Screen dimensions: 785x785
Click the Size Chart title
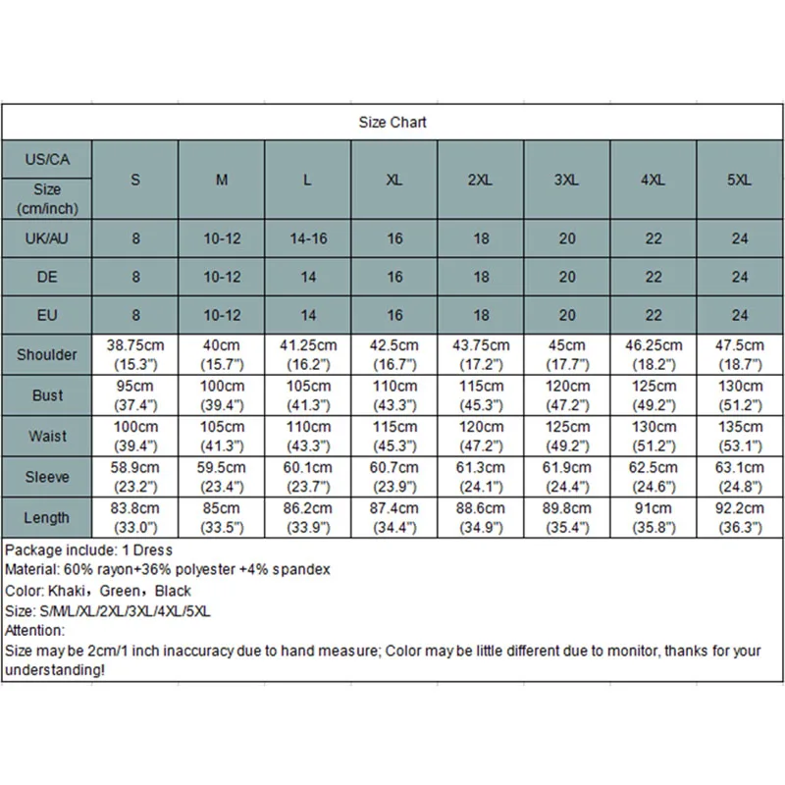click(x=392, y=123)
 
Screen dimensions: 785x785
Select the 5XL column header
click(x=740, y=181)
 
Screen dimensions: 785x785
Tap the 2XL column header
click(x=481, y=181)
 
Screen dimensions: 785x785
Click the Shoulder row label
click(x=47, y=354)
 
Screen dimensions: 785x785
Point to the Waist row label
click(x=47, y=436)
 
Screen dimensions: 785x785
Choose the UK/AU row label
click(x=47, y=238)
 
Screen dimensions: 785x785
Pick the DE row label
click(x=47, y=277)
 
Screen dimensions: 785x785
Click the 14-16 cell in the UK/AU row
click(x=308, y=238)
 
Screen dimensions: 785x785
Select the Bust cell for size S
click(x=135, y=394)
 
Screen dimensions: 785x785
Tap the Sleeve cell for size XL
click(x=394, y=477)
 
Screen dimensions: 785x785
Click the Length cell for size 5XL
click(x=740, y=517)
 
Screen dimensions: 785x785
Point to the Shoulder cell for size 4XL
click(x=654, y=354)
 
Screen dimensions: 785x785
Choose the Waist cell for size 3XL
click(x=567, y=436)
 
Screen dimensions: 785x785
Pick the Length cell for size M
click(x=222, y=517)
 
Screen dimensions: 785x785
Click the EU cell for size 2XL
click(x=481, y=315)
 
